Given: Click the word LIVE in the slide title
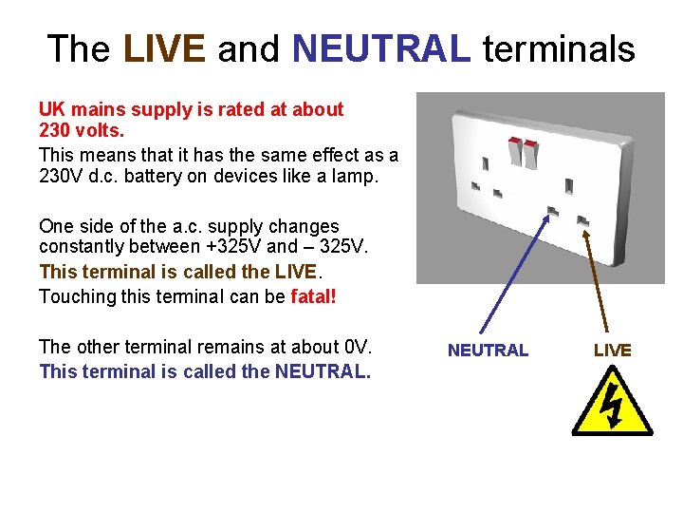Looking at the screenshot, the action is click(164, 48).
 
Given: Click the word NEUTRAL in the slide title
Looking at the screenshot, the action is click(381, 48).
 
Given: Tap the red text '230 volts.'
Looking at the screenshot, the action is click(80, 131).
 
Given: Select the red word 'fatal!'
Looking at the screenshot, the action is click(313, 296).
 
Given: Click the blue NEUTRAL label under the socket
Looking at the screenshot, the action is click(488, 351).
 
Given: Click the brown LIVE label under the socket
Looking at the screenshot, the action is click(612, 351).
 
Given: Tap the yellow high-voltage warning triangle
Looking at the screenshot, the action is click(612, 404).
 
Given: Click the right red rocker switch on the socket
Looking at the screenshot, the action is click(530, 149).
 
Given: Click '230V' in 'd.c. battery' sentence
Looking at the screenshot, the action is click(65, 176).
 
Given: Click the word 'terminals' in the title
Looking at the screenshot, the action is click(558, 48).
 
